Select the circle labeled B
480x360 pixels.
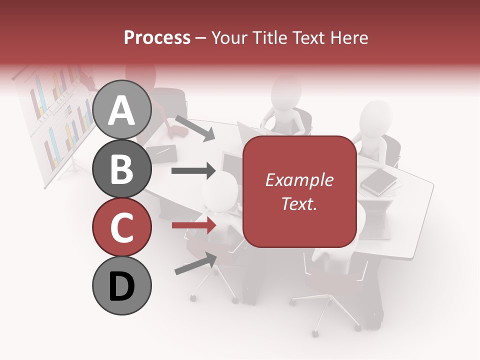tap(121, 168)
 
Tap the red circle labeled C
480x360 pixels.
tap(121, 227)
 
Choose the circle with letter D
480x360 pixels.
tap(121, 285)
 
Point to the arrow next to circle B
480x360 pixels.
tap(193, 170)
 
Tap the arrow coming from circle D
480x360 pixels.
tap(195, 263)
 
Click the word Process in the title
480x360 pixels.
tap(157, 37)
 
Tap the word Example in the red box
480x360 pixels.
tap(299, 180)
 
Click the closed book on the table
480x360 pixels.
tap(378, 181)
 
